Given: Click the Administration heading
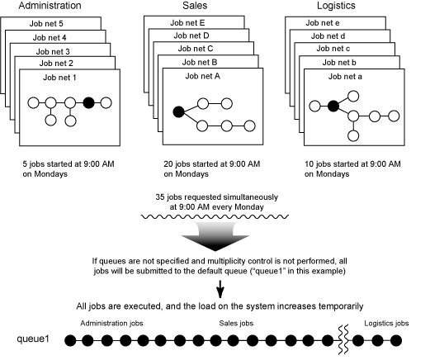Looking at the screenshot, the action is pyautogui.click(x=50, y=6).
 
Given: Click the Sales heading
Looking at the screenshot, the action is pyautogui.click(x=195, y=6).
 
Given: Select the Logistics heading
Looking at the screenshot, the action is pyautogui.click(x=336, y=6).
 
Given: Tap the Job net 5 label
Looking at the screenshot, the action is pyautogui.click(x=46, y=24).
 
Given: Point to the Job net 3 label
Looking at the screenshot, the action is pyautogui.click(x=53, y=51).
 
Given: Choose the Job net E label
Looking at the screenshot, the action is pyautogui.click(x=187, y=23).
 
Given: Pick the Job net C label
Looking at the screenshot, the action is pyautogui.click(x=196, y=49).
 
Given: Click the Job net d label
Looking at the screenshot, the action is pyautogui.click(x=328, y=36).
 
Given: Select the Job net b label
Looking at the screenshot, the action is pyautogui.click(x=339, y=63).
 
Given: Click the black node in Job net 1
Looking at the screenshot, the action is pyautogui.click(x=88, y=103).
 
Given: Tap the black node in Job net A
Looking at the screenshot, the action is pyautogui.click(x=178, y=111).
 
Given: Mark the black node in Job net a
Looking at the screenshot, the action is pyautogui.click(x=333, y=106).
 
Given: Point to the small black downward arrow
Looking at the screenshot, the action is pyautogui.click(x=220, y=289).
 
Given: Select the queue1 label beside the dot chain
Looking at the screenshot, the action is pyautogui.click(x=33, y=339).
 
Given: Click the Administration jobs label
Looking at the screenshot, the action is pyautogui.click(x=111, y=323).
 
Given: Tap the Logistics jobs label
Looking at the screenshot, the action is pyautogui.click(x=386, y=323).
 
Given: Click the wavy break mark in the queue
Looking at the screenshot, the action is pyautogui.click(x=343, y=339).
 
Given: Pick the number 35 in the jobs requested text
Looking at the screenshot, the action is pyautogui.click(x=160, y=197).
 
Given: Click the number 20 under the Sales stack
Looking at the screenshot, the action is pyautogui.click(x=168, y=164).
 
